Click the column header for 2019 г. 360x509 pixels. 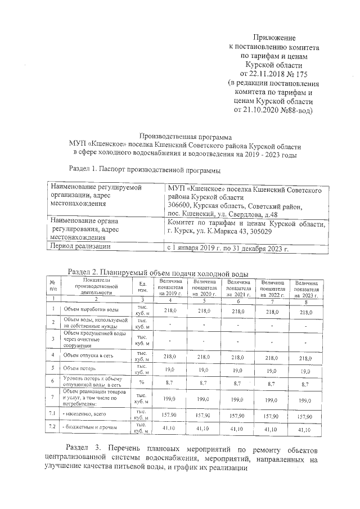[x=170, y=287]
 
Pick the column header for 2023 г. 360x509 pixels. [x=307, y=287]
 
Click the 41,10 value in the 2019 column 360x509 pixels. [x=170, y=429]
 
